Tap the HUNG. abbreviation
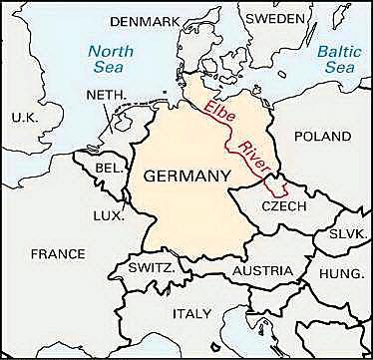point(341,272)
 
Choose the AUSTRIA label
point(261,270)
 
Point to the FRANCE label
point(57,254)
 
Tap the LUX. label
point(108,214)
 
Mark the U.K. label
point(23,118)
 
